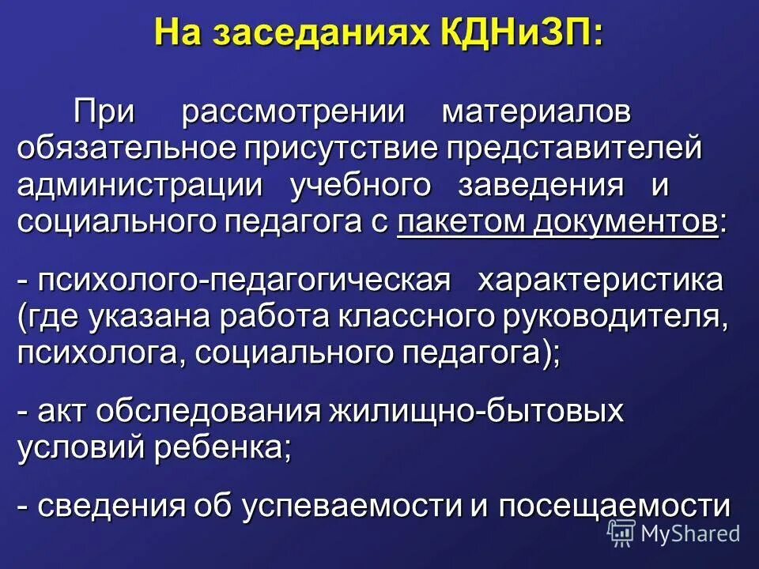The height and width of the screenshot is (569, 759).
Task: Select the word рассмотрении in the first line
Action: point(293,111)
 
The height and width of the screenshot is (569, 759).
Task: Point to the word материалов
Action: point(537,111)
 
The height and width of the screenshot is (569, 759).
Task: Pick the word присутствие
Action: point(338,149)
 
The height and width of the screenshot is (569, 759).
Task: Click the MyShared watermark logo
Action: point(674,533)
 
